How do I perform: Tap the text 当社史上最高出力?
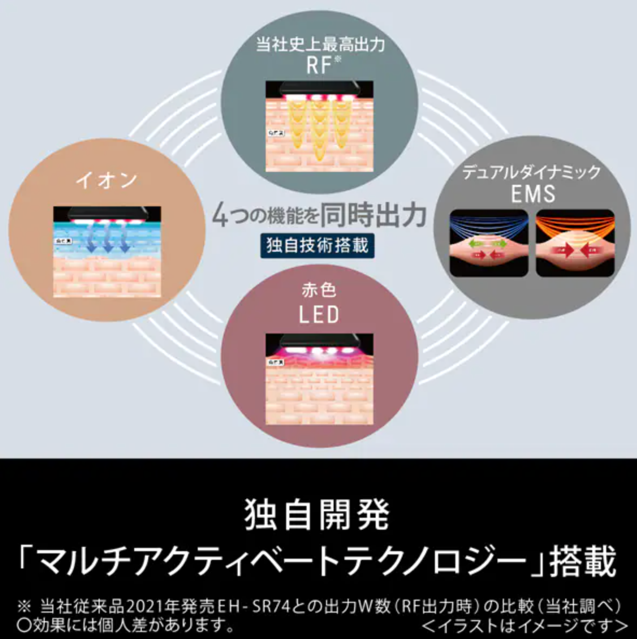320,44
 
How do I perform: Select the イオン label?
107,180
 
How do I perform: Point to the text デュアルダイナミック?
531,172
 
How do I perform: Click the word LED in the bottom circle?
319,314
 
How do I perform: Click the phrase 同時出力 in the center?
373,216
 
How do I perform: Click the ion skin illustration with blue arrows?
107,251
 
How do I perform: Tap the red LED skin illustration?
319,378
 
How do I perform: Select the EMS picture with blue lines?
488,243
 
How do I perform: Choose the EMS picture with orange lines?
575,243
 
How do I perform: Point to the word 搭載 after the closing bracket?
582,562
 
